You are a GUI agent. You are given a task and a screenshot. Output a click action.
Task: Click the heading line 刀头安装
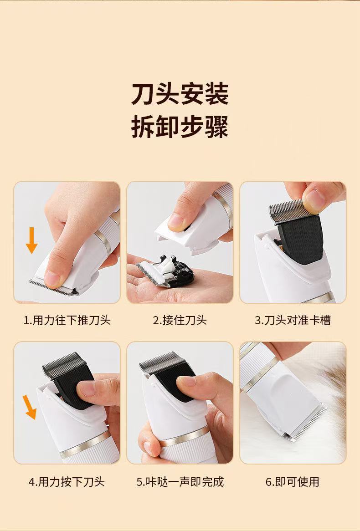tap(180, 94)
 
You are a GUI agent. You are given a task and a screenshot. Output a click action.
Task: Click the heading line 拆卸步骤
tap(180, 127)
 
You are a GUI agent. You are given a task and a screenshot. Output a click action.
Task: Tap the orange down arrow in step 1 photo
tap(32, 240)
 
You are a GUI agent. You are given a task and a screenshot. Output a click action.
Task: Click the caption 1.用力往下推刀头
tap(67, 320)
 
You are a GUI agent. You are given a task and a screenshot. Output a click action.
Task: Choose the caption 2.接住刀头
tap(180, 320)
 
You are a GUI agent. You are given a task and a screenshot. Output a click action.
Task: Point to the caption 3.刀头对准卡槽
tap(293, 320)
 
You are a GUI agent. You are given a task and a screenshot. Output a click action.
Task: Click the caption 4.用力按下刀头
tap(67, 481)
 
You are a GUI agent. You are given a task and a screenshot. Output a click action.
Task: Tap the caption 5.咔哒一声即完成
tap(180, 481)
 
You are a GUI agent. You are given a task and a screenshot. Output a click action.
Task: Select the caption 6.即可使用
tap(293, 481)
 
